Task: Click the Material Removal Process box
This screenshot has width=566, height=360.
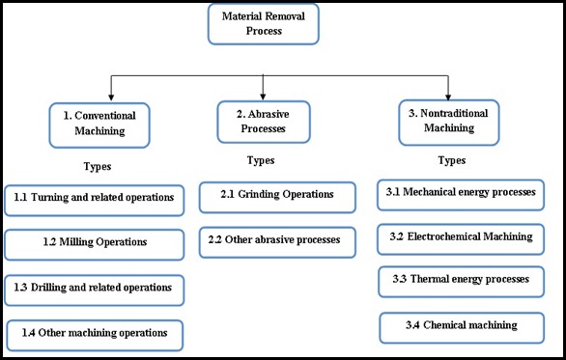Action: (x=262, y=24)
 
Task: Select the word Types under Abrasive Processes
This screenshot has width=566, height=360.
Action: (x=261, y=160)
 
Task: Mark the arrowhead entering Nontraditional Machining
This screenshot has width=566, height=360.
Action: (x=449, y=97)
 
